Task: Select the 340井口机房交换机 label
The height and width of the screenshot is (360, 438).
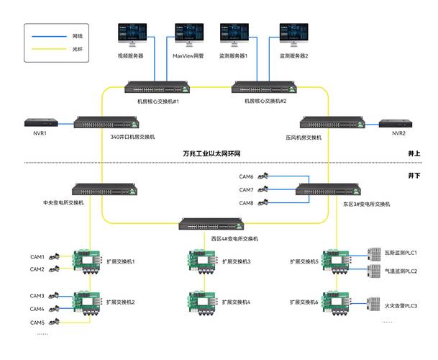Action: pos(132,136)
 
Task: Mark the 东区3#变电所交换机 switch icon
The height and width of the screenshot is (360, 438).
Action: pos(327,191)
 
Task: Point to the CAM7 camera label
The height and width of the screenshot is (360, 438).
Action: pos(246,190)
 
